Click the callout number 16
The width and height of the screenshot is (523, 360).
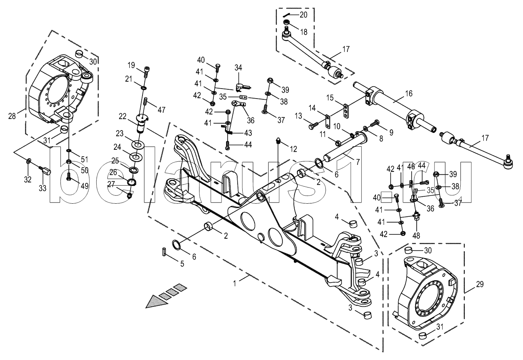[x=409, y=93]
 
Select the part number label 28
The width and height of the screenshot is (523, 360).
[x=12, y=115]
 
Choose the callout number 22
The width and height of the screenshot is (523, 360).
[x=122, y=116]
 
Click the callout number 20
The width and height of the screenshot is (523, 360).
[x=303, y=15]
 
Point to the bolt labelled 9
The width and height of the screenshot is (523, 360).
[x=374, y=124]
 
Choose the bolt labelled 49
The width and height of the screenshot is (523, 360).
[x=69, y=177]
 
